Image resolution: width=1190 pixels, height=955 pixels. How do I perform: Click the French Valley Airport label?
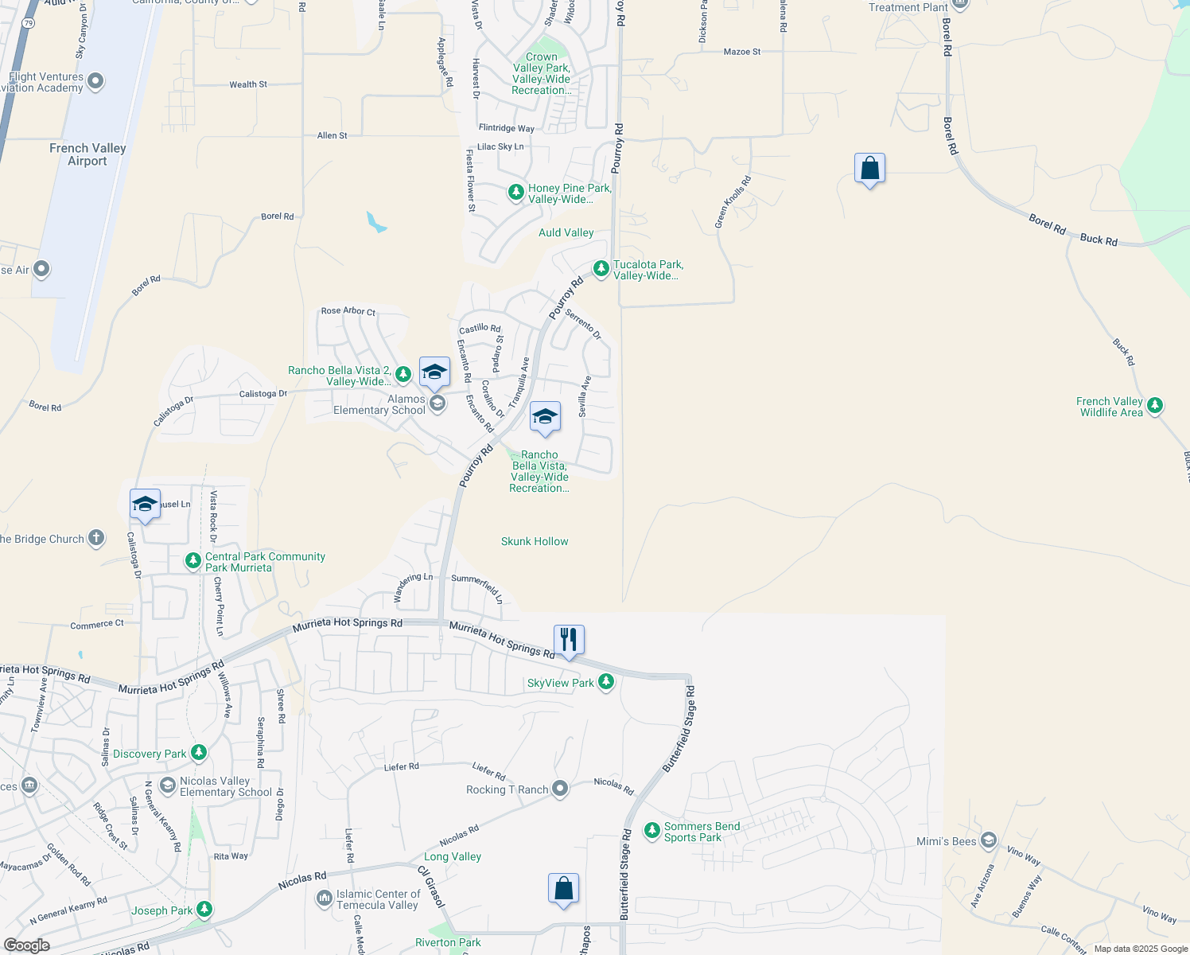87,154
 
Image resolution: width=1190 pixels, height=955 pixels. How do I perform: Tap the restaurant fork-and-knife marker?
569,639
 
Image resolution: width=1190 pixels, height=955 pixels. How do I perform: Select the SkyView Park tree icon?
606,682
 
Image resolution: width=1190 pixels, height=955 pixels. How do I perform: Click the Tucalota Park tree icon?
601,268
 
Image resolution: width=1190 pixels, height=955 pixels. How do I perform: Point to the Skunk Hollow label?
535,541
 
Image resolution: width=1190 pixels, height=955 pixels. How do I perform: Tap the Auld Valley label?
566,232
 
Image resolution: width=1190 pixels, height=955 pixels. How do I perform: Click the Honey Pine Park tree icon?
516,193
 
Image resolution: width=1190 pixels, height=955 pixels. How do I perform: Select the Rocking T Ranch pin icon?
560,789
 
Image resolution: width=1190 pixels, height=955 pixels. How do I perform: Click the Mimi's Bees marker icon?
989,840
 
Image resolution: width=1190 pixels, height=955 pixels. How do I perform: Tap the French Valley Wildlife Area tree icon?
1155,406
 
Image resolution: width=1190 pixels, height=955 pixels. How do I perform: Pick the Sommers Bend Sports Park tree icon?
652,831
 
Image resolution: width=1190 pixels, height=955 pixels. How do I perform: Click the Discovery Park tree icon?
199,753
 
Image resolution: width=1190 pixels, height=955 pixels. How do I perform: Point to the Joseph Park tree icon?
204,909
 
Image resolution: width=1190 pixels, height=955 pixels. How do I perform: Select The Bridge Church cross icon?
96,538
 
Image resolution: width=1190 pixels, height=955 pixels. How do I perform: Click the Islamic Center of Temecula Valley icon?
325,898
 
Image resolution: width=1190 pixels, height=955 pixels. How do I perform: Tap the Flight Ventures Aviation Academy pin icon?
95,81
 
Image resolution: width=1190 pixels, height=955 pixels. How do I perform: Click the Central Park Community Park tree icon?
193,561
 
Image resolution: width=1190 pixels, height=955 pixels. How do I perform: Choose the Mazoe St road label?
741,52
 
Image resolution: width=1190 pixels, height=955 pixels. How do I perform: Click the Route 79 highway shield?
29,23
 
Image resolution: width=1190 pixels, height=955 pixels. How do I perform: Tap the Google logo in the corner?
26,945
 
